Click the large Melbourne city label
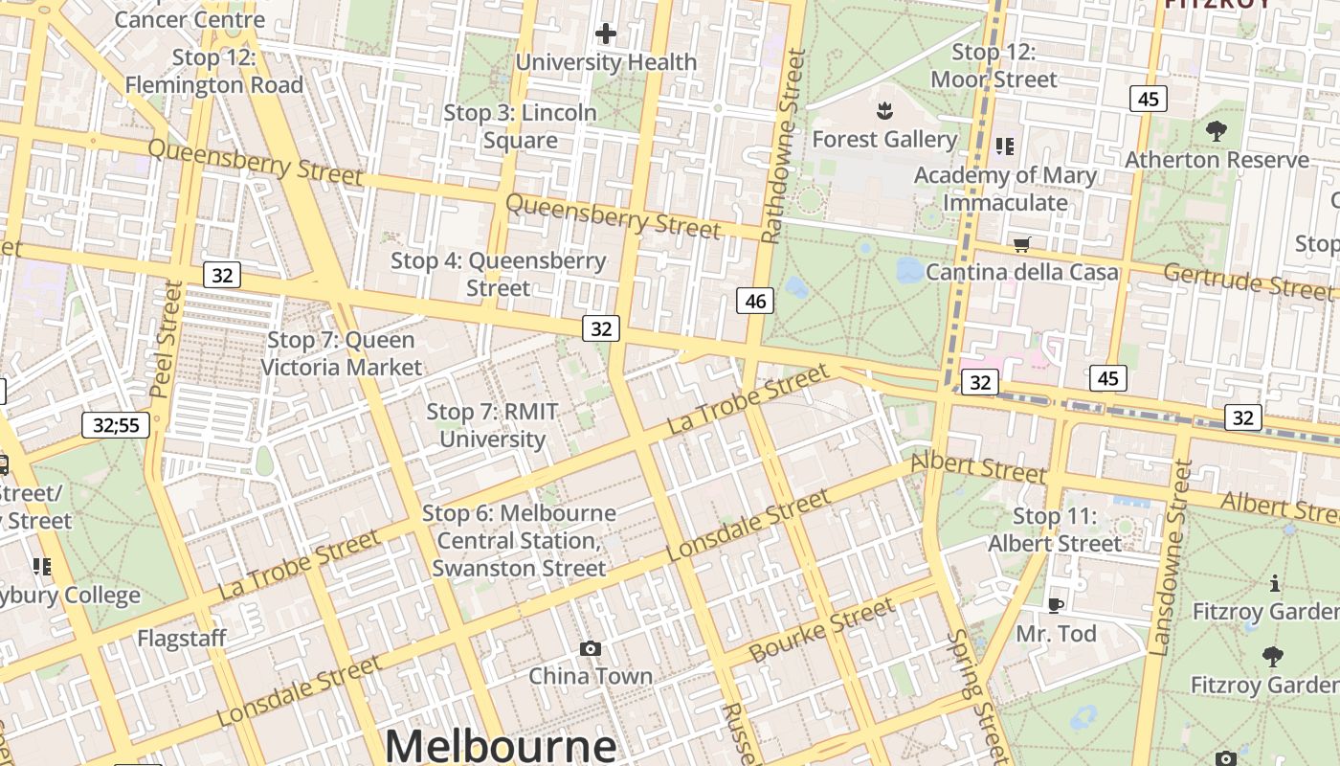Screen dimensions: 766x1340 tap(501, 746)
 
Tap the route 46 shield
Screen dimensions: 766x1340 tap(755, 301)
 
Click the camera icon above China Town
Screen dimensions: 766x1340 tap(591, 648)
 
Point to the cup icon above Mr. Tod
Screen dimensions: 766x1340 tap(1055, 604)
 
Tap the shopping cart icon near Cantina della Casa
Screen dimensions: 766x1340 tap(1021, 244)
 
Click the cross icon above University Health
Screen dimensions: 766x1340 tap(605, 34)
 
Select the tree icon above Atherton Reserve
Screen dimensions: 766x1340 tap(1216, 131)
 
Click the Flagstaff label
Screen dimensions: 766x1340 tap(182, 638)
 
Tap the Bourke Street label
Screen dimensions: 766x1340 tap(822, 630)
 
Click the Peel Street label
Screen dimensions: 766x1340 tap(166, 339)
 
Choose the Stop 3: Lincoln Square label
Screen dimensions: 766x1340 tap(520, 126)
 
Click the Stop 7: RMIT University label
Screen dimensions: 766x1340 tap(492, 425)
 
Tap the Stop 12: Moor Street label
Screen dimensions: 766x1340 tap(994, 65)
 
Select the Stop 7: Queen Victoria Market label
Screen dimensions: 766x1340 tap(341, 353)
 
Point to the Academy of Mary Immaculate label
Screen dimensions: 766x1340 tap(1005, 189)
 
